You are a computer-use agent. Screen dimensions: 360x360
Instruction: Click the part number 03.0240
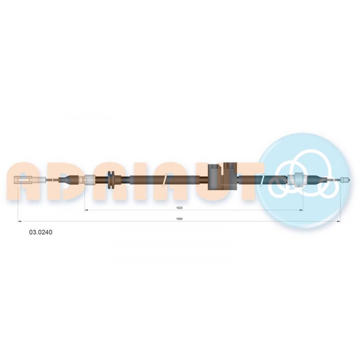pyautogui.click(x=40, y=232)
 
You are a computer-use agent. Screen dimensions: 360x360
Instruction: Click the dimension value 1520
pyautogui.click(x=179, y=208)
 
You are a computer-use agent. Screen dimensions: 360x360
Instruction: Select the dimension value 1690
pyautogui.click(x=179, y=219)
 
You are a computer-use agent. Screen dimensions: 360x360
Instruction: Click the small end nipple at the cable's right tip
pyautogui.click(x=345, y=180)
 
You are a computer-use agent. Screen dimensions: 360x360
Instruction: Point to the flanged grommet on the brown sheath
pyautogui.click(x=111, y=180)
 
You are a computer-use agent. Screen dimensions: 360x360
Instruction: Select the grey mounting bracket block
pyautogui.click(x=222, y=176)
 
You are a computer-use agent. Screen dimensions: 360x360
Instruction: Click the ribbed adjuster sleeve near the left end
pyautogui.click(x=90, y=180)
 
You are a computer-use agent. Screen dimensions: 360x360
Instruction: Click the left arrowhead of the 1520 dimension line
pyautogui.click(x=86, y=210)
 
